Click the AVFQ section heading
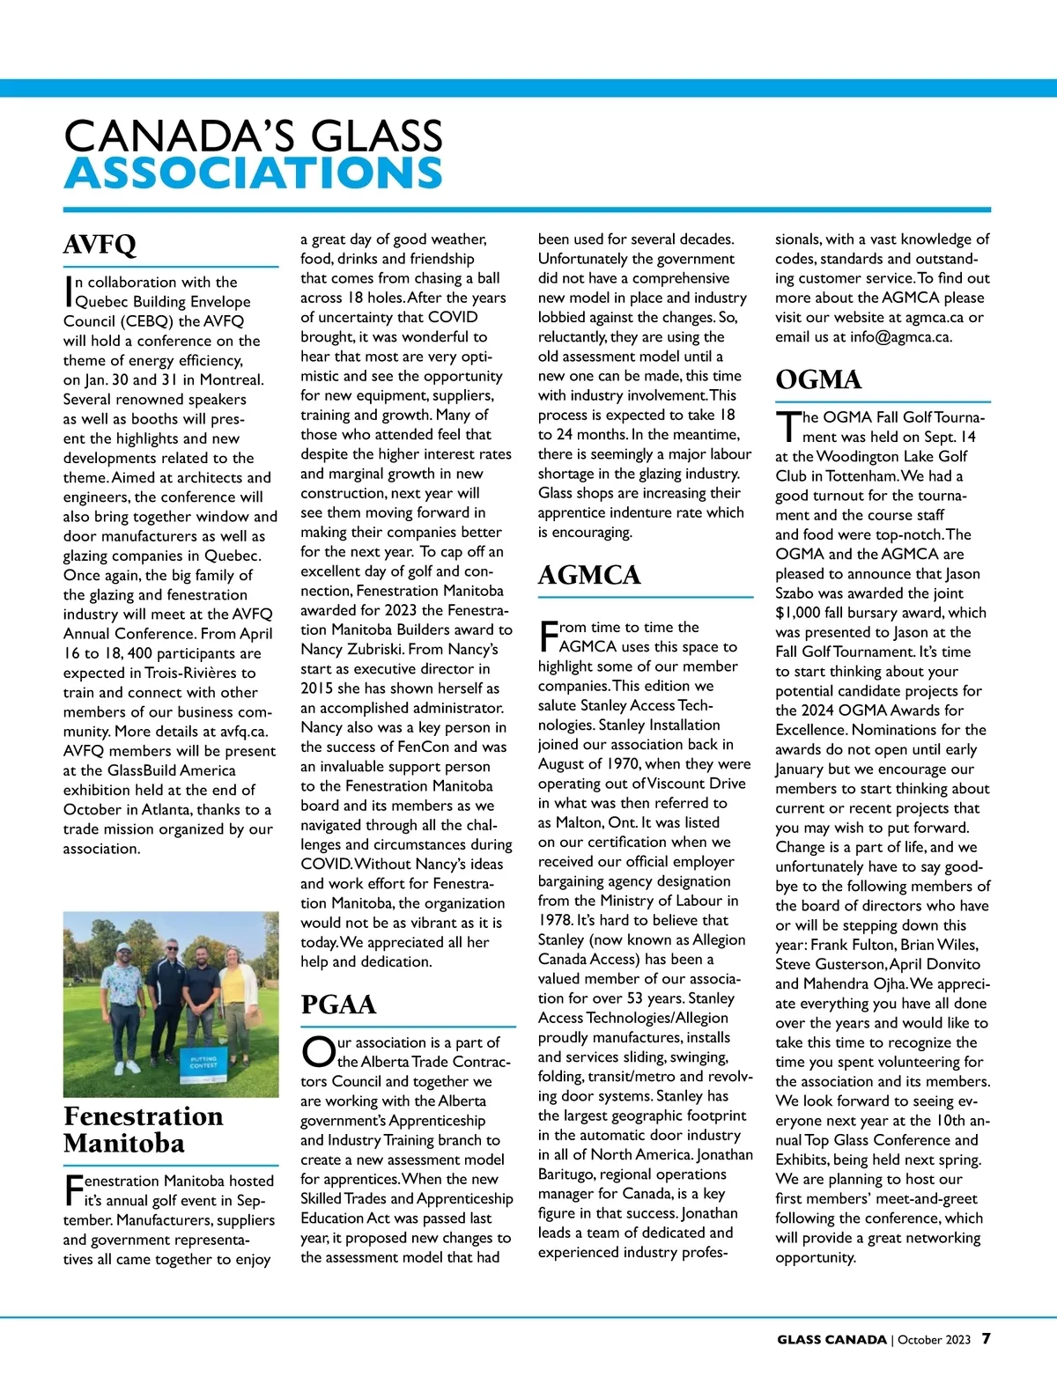pyautogui.click(x=100, y=245)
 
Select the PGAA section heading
pyautogui.click(x=338, y=1005)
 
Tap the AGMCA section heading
pyautogui.click(x=588, y=575)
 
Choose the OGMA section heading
pyautogui.click(x=818, y=379)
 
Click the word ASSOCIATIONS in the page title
pyautogui.click(x=254, y=173)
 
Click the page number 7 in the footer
pyautogui.click(x=986, y=1339)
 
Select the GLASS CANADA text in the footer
pyautogui.click(x=831, y=1340)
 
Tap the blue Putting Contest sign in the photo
pyautogui.click(x=203, y=1060)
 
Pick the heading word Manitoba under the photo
pyautogui.click(x=124, y=1144)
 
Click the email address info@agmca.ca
pyautogui.click(x=900, y=336)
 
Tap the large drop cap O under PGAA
pyautogui.click(x=316, y=1051)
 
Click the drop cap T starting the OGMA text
pyautogui.click(x=787, y=426)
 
